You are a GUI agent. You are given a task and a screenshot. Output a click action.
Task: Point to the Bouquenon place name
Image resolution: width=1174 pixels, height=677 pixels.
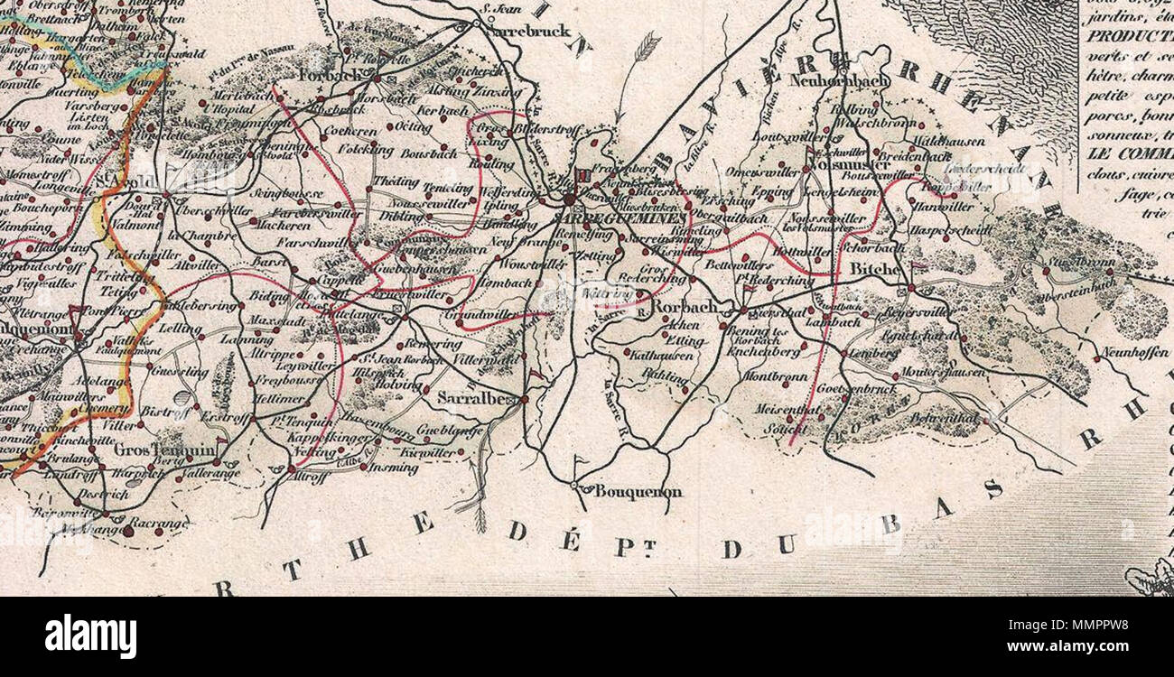[x=638, y=492]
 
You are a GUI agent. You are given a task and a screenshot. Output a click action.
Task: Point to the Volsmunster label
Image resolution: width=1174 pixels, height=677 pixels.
[x=846, y=165]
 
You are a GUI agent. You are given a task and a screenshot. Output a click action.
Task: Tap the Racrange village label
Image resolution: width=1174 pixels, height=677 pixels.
[x=158, y=523]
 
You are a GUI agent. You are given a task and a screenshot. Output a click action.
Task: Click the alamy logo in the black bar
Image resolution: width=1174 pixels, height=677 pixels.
[x=90, y=636]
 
